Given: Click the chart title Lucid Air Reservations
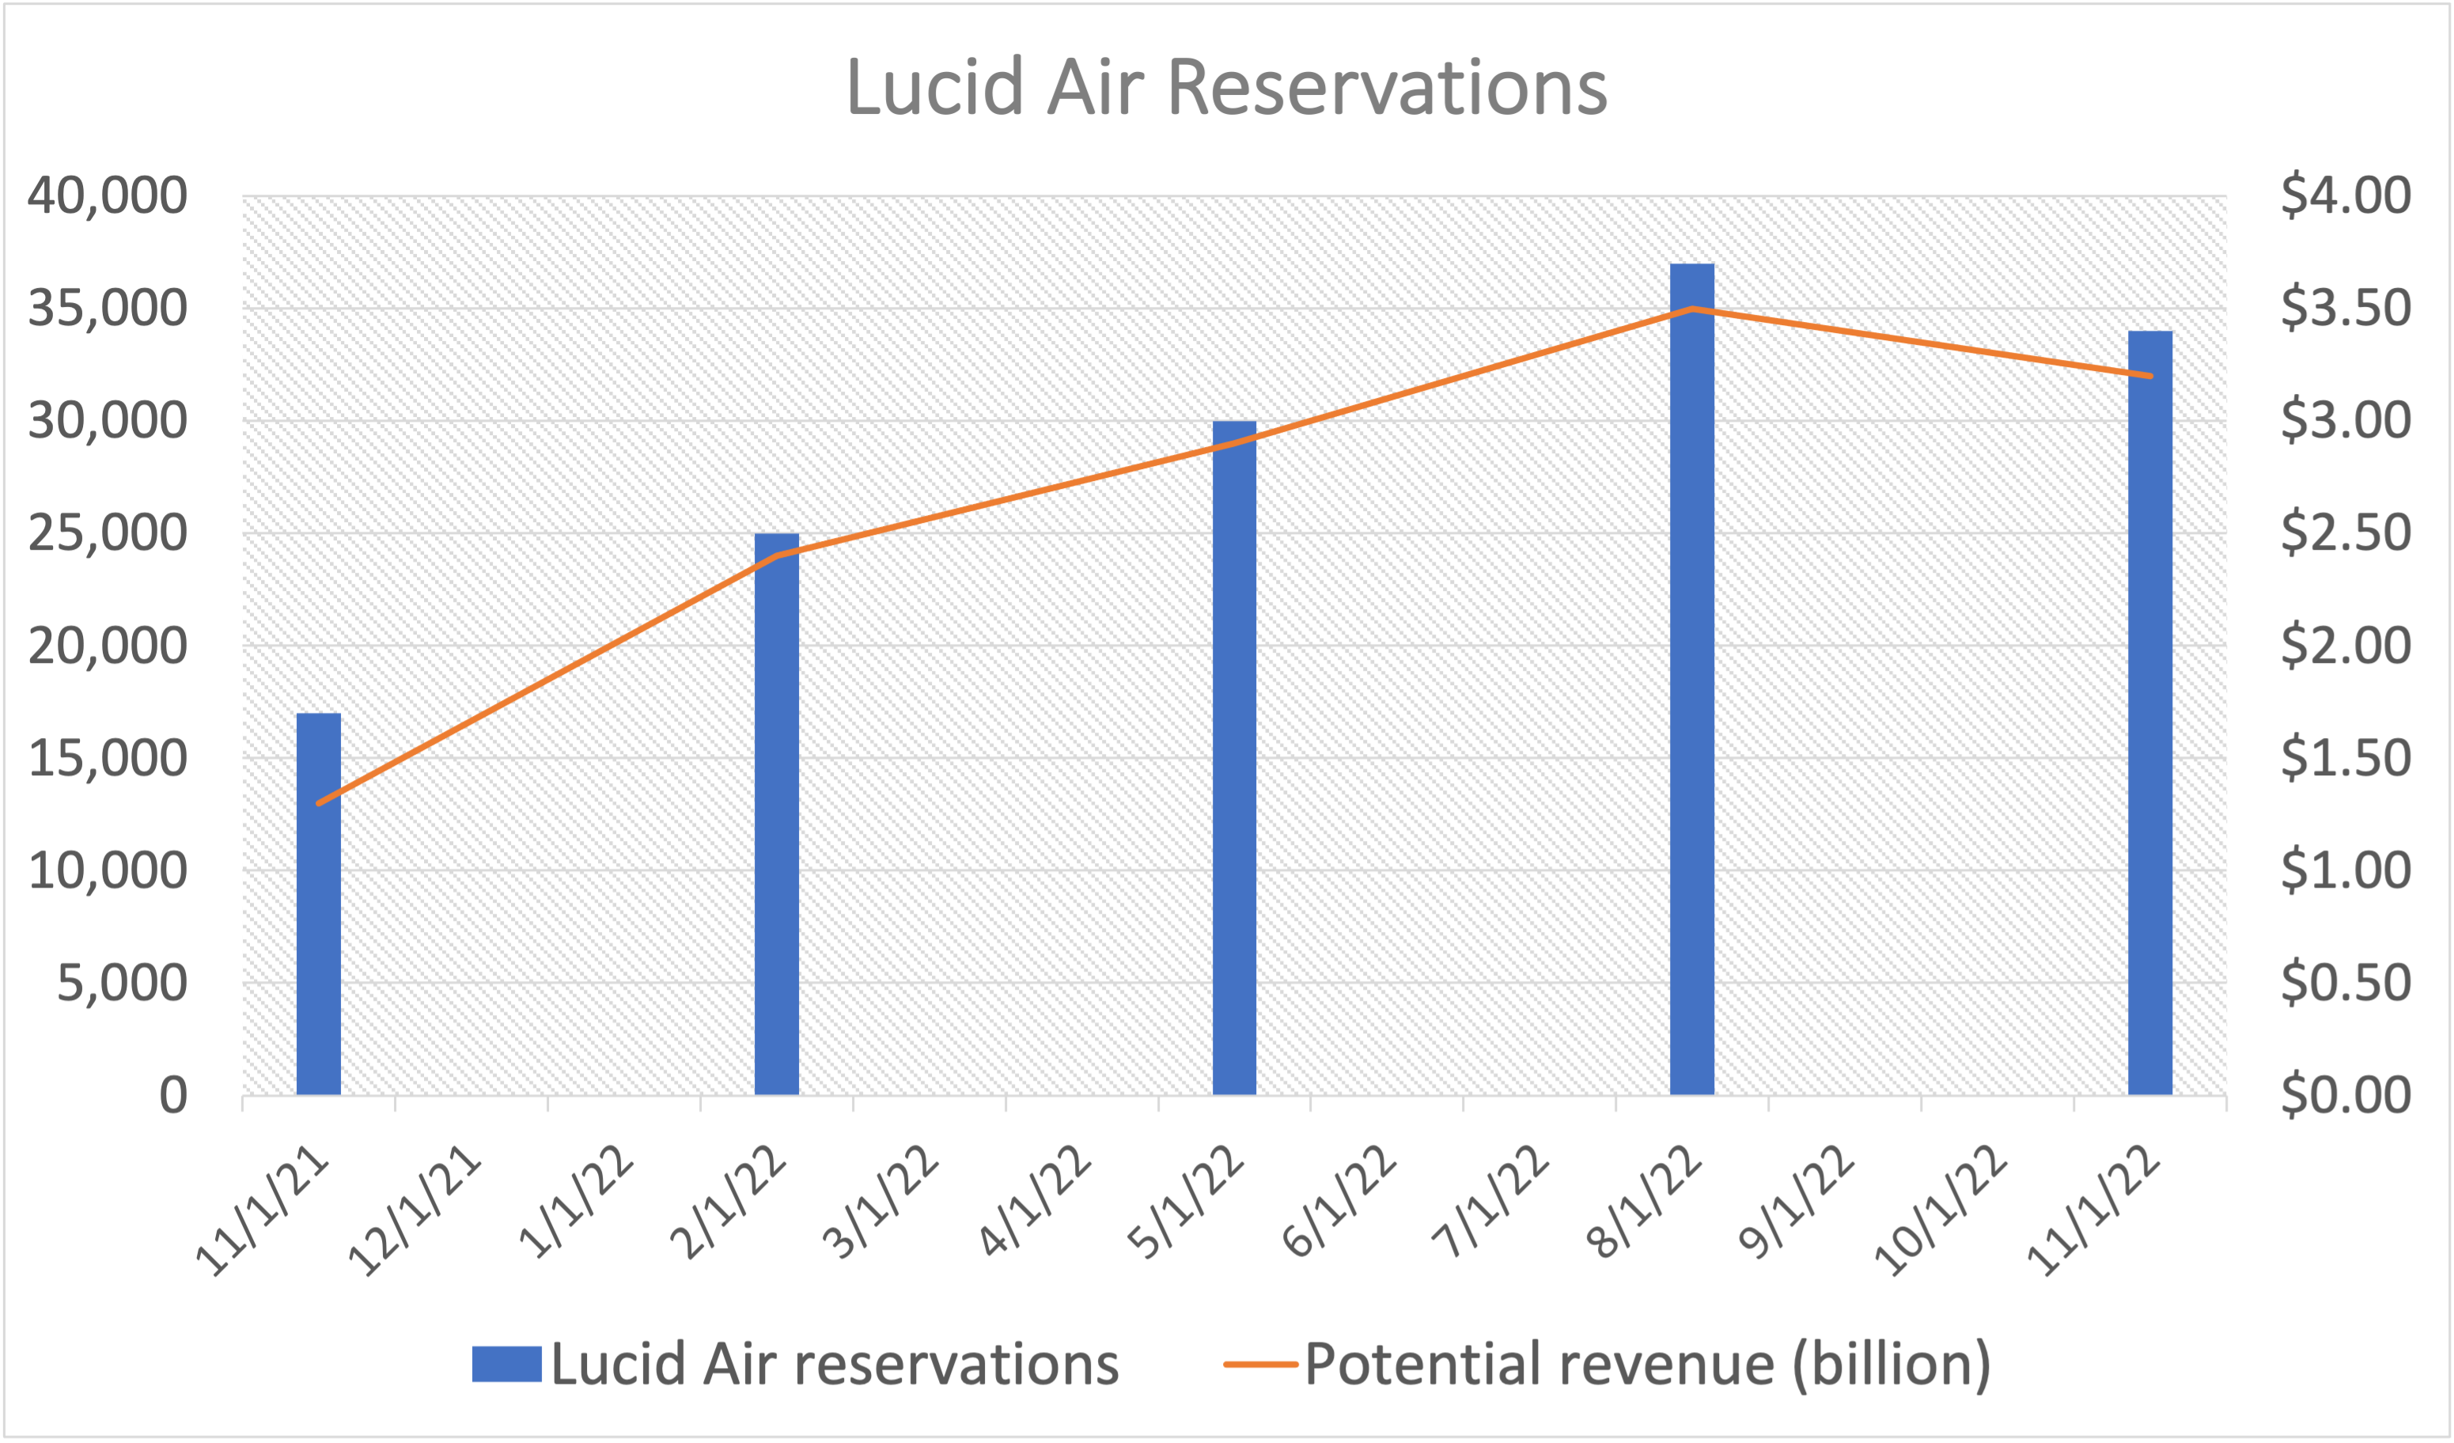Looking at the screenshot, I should [1227, 88].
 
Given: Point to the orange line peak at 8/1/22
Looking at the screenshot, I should [1692, 309].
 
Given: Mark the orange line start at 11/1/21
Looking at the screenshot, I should [320, 803].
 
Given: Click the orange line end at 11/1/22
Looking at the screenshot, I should [2150, 376].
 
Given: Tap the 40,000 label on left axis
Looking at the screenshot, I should [107, 195].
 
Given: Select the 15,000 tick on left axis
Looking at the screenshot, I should [107, 759].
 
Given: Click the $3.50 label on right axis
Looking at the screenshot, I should [2345, 309].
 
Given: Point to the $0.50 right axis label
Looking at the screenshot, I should [2345, 983].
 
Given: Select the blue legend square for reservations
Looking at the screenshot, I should [506, 1364].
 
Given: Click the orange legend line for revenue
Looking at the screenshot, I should [1260, 1364].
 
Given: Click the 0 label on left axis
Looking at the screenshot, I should [173, 1096].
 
